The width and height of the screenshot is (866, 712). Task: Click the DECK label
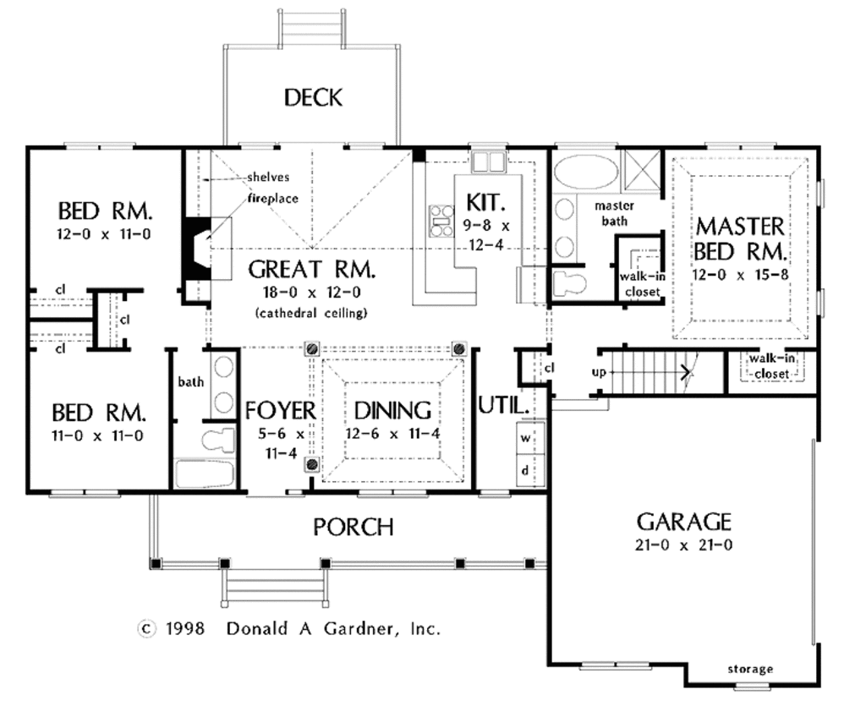tap(313, 97)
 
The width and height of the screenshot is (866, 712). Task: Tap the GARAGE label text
tap(683, 522)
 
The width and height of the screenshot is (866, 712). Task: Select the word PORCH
tap(354, 527)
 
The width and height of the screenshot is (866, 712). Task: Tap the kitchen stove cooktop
tap(441, 221)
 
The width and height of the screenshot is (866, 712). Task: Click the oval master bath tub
tap(586, 173)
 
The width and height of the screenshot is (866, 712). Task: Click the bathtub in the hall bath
tap(205, 474)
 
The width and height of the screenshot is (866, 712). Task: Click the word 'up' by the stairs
tap(599, 372)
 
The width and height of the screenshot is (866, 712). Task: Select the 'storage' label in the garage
tap(750, 669)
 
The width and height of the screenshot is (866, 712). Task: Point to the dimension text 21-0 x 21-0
tap(683, 545)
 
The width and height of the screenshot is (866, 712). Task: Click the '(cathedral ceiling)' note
tap(311, 313)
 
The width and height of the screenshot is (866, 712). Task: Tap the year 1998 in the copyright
tap(185, 628)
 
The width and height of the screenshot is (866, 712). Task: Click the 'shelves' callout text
tap(268, 177)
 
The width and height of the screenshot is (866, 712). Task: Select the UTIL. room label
tap(504, 406)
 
